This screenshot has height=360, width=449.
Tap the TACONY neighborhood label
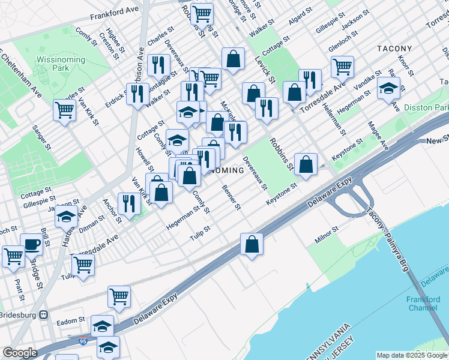point(394,49)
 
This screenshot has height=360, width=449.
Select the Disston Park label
point(426,107)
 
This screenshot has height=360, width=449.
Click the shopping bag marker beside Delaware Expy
point(252,244)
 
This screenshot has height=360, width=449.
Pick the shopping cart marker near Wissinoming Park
point(64,109)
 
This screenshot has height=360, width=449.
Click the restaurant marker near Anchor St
point(129,203)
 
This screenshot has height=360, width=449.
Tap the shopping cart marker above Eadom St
point(119,296)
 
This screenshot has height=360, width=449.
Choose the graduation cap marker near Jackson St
point(66,217)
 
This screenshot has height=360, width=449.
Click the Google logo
point(19,353)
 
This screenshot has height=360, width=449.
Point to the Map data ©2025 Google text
point(412,355)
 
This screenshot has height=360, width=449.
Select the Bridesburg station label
point(20,314)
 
